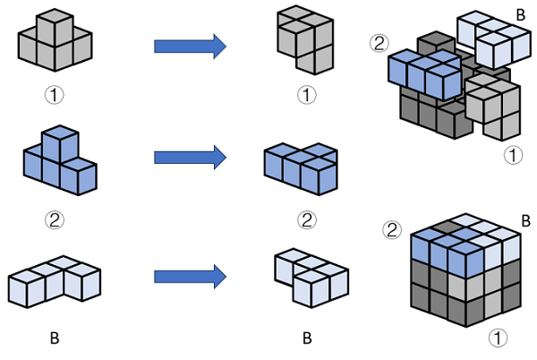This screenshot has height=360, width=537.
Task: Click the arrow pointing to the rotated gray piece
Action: (x=190, y=47)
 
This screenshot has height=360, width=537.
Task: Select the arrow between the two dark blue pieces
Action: (x=190, y=158)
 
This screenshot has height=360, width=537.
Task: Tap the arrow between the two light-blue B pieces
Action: (x=190, y=277)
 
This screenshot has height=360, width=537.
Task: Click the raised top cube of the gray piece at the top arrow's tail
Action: (x=55, y=28)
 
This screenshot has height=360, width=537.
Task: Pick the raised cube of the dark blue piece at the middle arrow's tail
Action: (x=60, y=144)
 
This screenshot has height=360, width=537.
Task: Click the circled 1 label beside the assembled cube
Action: (x=498, y=338)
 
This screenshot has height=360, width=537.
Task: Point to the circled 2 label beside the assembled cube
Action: (x=392, y=230)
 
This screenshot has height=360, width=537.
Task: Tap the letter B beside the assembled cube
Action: (x=525, y=221)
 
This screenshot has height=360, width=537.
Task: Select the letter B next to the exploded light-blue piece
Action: (x=520, y=15)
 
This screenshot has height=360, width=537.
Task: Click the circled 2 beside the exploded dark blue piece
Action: (x=379, y=43)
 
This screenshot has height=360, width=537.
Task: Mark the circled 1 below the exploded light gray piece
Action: (x=513, y=155)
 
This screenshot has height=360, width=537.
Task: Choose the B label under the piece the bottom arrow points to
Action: (x=307, y=339)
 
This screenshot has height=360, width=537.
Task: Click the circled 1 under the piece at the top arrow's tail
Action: (x=55, y=95)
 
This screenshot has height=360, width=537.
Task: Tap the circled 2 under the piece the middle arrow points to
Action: (x=307, y=220)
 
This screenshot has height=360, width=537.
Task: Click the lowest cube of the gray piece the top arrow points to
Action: (x=315, y=59)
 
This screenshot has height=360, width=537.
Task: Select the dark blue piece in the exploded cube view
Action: (x=424, y=73)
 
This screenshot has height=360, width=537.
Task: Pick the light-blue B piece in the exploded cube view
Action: (x=494, y=39)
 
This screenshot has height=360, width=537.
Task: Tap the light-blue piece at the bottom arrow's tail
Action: (x=55, y=281)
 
